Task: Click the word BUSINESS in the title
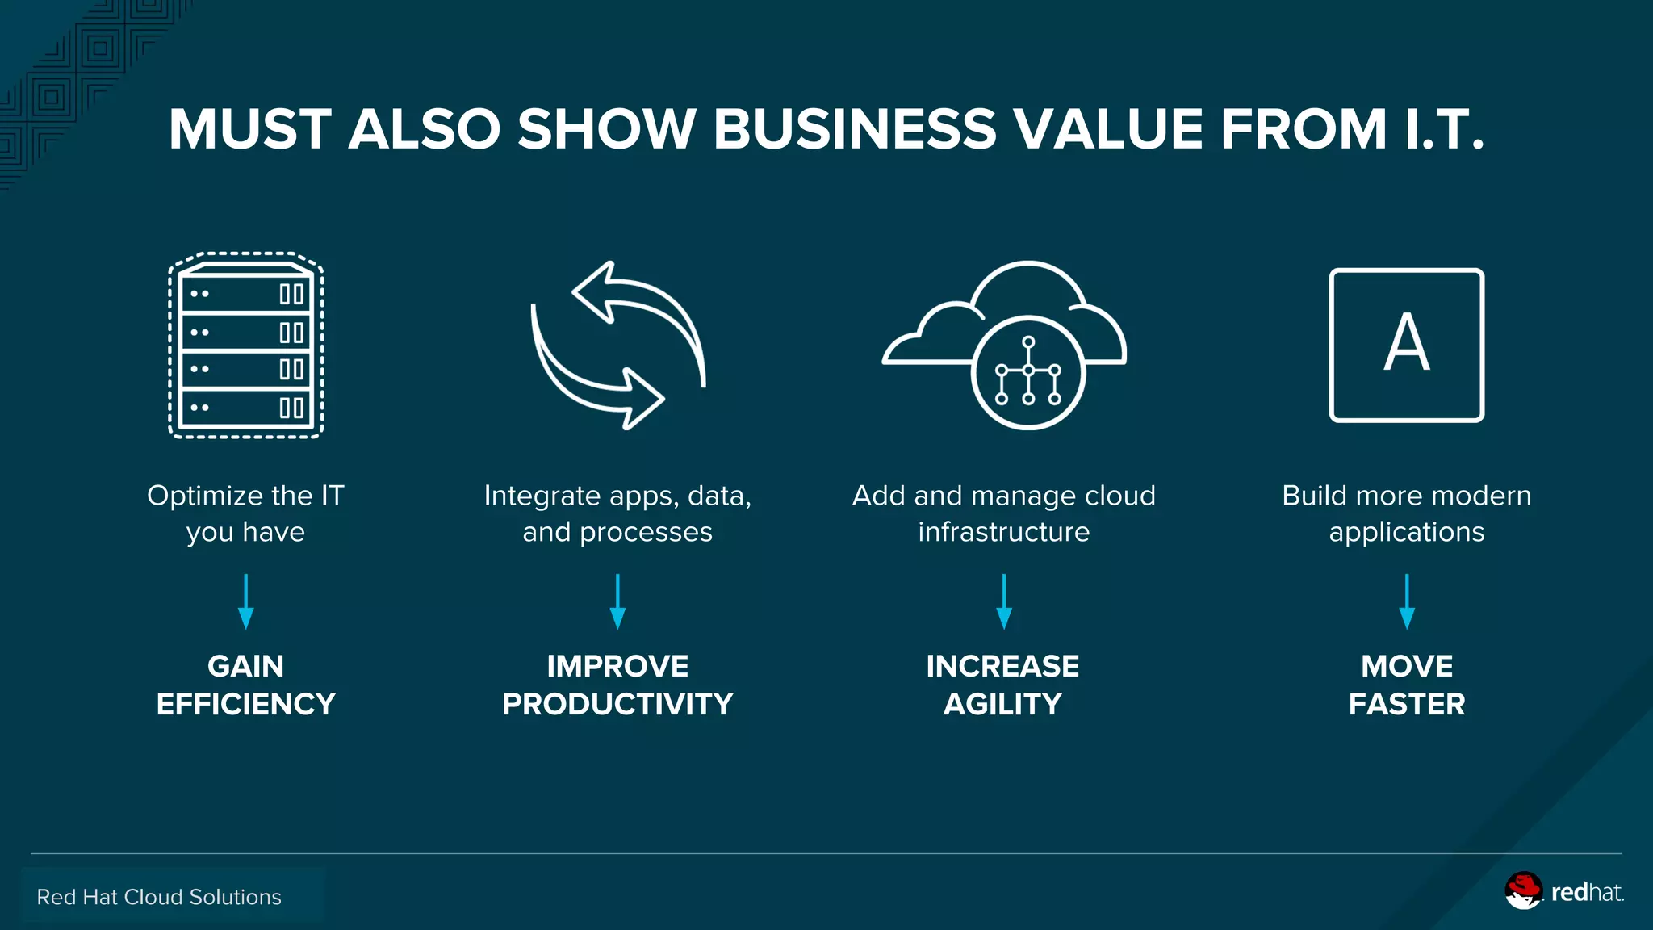854,129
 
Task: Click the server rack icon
245,346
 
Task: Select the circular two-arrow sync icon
617,346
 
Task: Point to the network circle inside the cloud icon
1027,372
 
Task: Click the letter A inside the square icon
1406,343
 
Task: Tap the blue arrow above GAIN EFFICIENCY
245,601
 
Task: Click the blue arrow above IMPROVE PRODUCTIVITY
617,601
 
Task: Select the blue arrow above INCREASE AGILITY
1003,601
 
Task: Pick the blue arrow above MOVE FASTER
1406,601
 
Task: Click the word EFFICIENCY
245,704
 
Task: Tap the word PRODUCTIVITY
617,704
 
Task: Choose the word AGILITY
1002,704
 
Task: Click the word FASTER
1406,704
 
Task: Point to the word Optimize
194,496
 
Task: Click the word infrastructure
1003,532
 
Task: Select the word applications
1406,532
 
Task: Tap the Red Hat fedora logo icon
1523,890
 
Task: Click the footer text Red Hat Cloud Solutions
159,897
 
